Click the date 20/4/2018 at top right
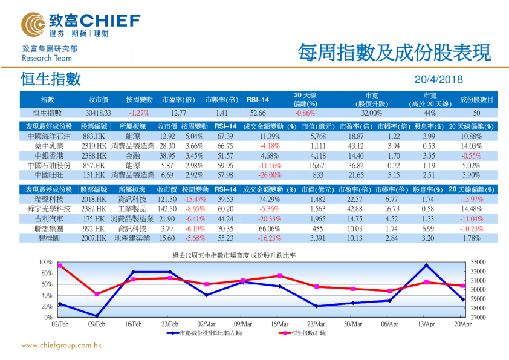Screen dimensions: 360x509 click(438, 79)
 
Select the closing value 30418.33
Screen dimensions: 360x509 click(99, 113)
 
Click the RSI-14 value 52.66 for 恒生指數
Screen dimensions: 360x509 click(258, 113)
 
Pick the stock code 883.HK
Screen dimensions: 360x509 click(94, 137)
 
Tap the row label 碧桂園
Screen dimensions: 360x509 click(47, 238)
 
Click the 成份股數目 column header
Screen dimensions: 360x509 click(476, 100)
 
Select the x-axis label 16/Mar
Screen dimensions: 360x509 click(279, 324)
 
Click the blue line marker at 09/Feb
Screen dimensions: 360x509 click(97, 316)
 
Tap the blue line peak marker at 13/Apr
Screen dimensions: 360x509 click(427, 266)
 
